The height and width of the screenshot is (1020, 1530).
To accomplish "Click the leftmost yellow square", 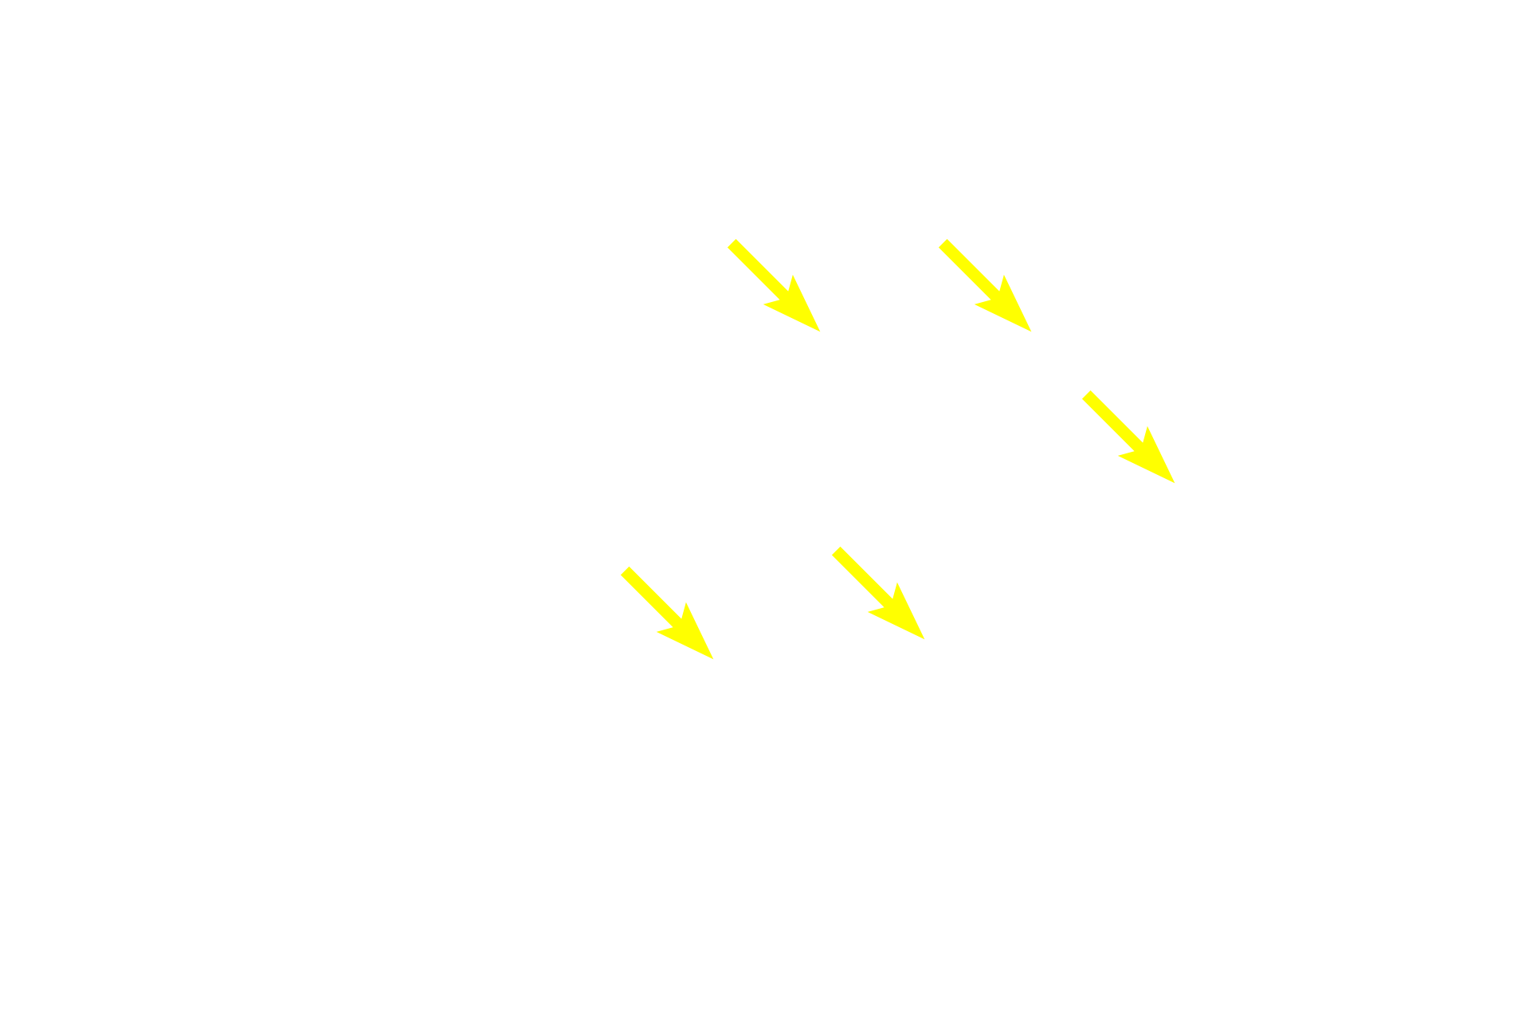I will [x=667, y=612].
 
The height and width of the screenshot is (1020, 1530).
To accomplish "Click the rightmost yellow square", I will [x=1128, y=436].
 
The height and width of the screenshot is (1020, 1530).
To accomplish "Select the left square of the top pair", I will [x=773, y=285].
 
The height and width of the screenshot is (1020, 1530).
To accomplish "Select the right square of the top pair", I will [x=984, y=285].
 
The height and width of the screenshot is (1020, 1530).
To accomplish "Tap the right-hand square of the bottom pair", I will [x=877, y=592].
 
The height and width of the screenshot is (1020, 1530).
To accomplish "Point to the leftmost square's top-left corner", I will [x=621, y=566].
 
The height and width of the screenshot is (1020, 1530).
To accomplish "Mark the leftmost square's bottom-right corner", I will [x=714, y=658].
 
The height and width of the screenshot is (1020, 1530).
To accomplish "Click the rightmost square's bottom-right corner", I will [x=1175, y=483].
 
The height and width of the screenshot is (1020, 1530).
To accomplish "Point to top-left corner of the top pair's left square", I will [x=727, y=239].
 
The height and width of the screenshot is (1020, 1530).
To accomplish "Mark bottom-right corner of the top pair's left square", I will [x=821, y=331].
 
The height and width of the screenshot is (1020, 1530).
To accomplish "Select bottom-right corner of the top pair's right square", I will [x=1032, y=331].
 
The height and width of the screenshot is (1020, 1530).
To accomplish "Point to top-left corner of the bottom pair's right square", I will [x=831, y=546].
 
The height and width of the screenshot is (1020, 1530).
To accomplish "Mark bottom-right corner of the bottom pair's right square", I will [x=924, y=639].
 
